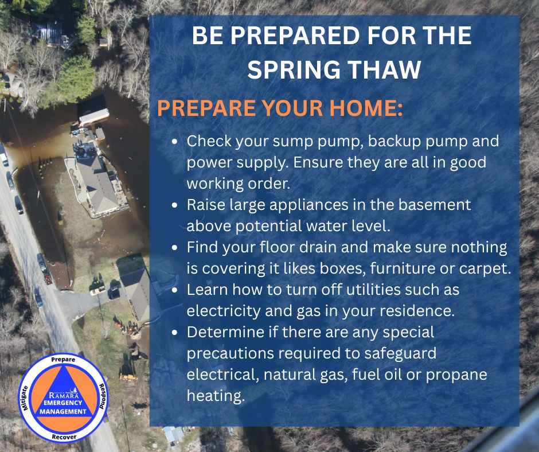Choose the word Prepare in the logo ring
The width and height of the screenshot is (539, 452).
pyautogui.click(x=63, y=359)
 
